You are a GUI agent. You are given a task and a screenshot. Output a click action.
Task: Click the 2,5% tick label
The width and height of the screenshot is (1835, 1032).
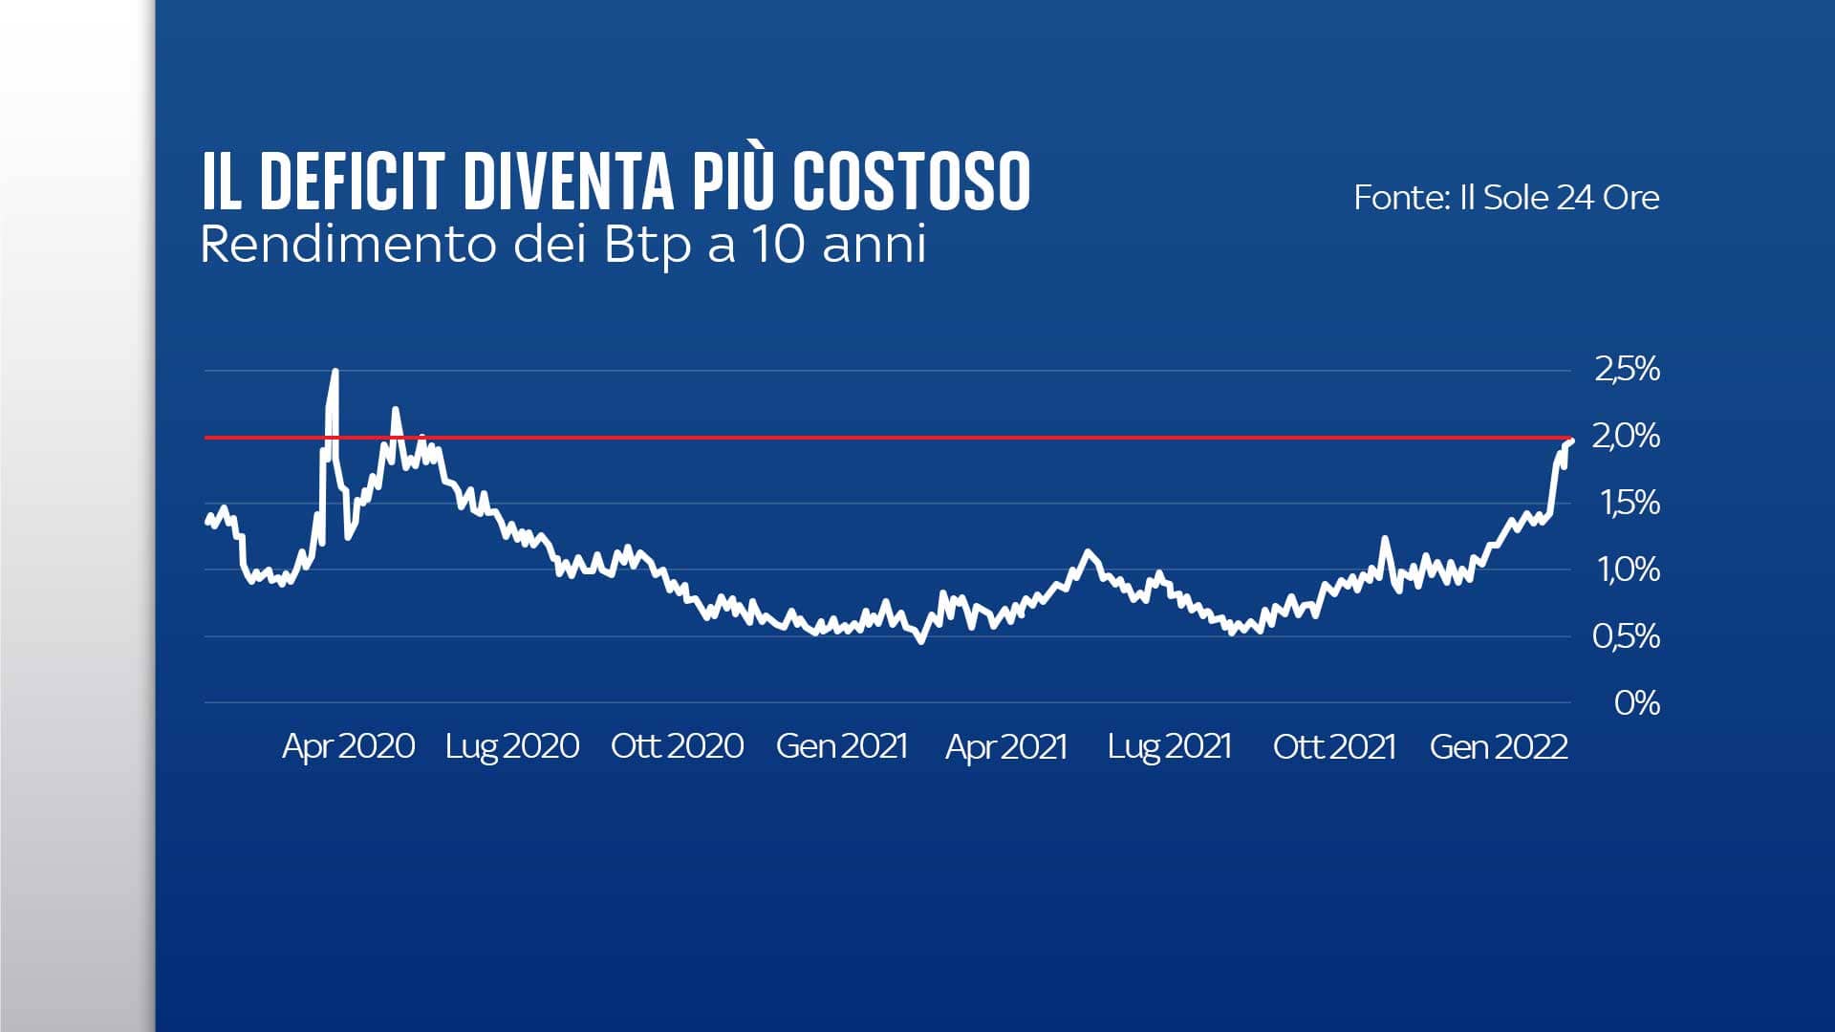pyautogui.click(x=1627, y=369)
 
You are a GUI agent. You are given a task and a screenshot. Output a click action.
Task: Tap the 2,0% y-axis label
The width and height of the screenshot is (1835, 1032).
pyautogui.click(x=1626, y=436)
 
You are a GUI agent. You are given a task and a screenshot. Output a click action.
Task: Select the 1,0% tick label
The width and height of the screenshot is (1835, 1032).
pyautogui.click(x=1629, y=570)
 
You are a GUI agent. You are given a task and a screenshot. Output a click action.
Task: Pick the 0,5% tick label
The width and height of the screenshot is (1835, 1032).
pyautogui.click(x=1627, y=636)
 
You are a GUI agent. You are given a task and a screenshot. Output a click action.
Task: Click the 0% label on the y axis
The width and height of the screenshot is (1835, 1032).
pyautogui.click(x=1636, y=703)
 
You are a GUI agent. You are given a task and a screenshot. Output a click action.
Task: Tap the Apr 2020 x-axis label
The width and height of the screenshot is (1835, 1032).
pyautogui.click(x=349, y=746)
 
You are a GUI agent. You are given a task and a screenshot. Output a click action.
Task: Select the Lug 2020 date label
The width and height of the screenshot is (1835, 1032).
pyautogui.click(x=512, y=746)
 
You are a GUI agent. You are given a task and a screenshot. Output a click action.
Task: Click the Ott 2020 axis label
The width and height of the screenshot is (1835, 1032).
pyautogui.click(x=678, y=746)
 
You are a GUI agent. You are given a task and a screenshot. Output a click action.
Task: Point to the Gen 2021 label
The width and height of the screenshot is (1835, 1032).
pyautogui.click(x=842, y=746)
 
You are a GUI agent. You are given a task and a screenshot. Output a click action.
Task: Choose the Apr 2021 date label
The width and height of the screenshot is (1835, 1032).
pyautogui.click(x=1006, y=746)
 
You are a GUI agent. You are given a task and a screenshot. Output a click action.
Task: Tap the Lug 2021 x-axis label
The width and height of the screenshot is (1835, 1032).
pyautogui.click(x=1170, y=746)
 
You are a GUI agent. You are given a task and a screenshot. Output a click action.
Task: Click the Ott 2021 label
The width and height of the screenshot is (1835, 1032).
pyautogui.click(x=1334, y=746)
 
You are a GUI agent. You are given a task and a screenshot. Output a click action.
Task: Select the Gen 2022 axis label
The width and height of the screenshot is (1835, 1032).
pyautogui.click(x=1499, y=746)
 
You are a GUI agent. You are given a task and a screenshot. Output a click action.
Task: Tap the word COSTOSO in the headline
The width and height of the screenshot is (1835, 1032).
pyautogui.click(x=912, y=182)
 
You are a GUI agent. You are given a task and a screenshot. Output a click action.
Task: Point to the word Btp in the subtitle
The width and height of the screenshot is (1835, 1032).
pyautogui.click(x=647, y=245)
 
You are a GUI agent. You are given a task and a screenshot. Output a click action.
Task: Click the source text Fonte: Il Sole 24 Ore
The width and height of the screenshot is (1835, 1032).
pyautogui.click(x=1506, y=198)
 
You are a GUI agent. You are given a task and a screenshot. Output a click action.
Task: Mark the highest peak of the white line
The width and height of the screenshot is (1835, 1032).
pyautogui.click(x=335, y=371)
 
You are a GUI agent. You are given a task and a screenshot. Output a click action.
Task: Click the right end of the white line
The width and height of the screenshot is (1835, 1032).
pyautogui.click(x=1571, y=440)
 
